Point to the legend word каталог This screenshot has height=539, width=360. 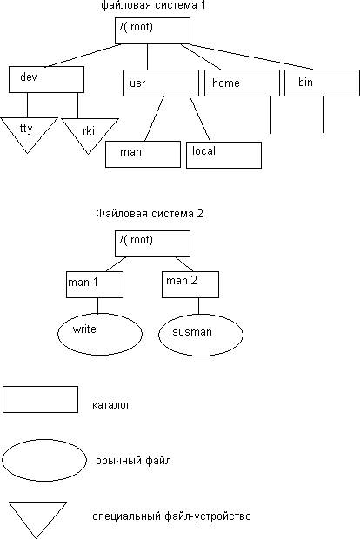pyautogui.click(x=111, y=404)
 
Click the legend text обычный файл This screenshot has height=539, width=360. pyautogui.click(x=133, y=460)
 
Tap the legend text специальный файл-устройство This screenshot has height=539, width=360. pyautogui.click(x=171, y=516)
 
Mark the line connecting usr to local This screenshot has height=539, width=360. pyautogui.click(x=200, y=119)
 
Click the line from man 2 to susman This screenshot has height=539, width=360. pyautogui.click(x=198, y=306)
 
